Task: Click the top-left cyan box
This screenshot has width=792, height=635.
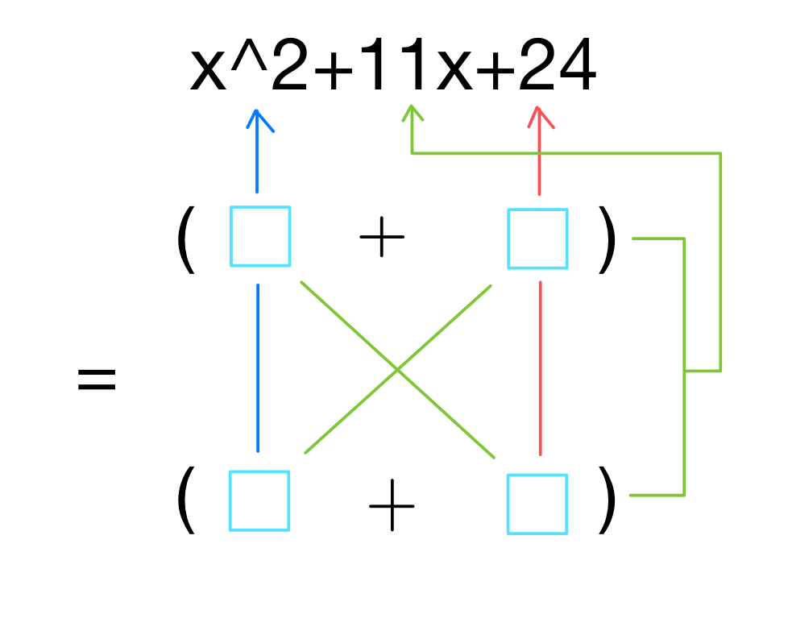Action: pos(260,236)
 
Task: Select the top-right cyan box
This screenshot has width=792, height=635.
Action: pos(537,239)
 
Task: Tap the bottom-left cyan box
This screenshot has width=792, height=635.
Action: pos(259,500)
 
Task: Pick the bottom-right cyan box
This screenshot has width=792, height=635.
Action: pos(537,504)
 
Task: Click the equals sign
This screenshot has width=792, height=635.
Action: pos(97,379)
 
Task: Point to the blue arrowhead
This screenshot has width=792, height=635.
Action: pos(257,119)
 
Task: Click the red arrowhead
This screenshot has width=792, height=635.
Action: pos(540,117)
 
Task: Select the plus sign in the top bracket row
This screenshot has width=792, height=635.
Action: pos(381,239)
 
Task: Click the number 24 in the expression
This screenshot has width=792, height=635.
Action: pos(557,69)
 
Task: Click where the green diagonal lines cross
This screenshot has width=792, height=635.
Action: pos(397,370)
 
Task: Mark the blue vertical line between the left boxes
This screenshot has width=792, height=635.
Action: pos(258,367)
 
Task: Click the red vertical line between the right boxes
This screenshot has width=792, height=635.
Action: pos(540,367)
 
